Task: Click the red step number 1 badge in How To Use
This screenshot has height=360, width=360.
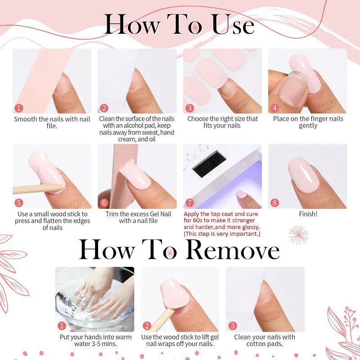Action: [x=19, y=108]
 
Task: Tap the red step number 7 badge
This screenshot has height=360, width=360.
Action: [x=189, y=203]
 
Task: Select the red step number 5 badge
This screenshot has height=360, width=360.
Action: [x=19, y=203]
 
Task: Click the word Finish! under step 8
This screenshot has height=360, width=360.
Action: [x=308, y=214]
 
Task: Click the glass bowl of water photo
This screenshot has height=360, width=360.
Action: [x=94, y=299]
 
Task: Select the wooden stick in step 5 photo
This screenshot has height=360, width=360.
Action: [x=34, y=189]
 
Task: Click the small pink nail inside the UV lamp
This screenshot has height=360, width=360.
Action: [x=242, y=194]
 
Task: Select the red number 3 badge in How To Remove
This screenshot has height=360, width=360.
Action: [x=233, y=326]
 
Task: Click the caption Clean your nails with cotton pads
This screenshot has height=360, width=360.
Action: [x=265, y=340]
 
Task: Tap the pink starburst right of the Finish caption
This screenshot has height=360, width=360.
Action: [x=298, y=235]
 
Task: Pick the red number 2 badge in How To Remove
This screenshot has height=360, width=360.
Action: [x=147, y=326]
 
